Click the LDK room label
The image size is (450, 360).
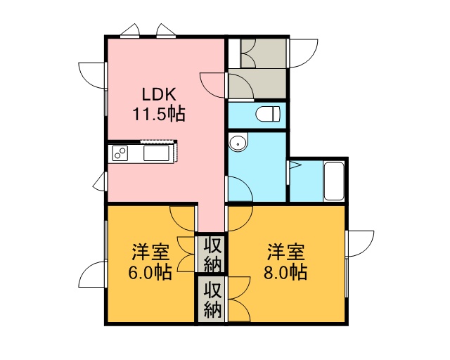point(159,94)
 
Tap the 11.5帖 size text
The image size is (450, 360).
point(158,114)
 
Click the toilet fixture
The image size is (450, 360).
point(267,114)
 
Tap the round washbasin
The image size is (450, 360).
point(238,142)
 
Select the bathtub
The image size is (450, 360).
point(334,181)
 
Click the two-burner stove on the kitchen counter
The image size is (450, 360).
point(120,153)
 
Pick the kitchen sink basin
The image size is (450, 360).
point(156,153)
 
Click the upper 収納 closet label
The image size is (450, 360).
point(212,255)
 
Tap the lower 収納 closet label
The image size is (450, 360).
point(212,300)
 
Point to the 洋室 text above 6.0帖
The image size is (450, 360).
point(150,252)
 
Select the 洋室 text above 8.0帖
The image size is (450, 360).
point(286,252)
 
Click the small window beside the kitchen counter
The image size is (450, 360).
point(99,181)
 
